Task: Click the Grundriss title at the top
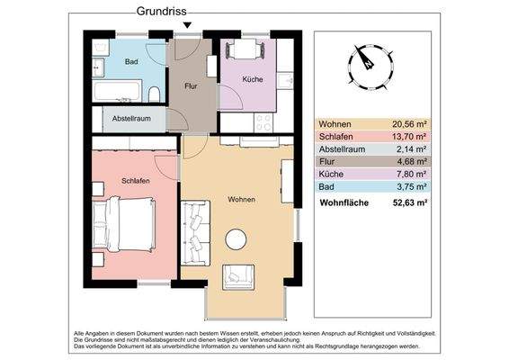tap(163, 13)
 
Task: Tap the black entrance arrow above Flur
tap(186, 25)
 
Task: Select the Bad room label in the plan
tap(131, 61)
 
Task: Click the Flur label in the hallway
tap(190, 86)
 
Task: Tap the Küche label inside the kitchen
tap(253, 79)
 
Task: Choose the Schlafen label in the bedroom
tap(135, 181)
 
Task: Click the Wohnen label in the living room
tap(241, 199)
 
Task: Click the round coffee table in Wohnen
tap(237, 238)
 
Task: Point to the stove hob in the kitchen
tap(264, 121)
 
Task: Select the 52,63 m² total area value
tap(408, 203)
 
